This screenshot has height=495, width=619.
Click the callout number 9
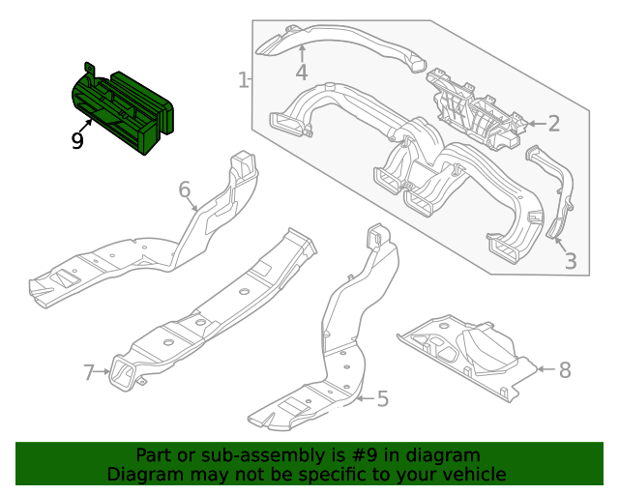click(x=77, y=141)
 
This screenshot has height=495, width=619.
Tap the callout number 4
click(x=302, y=73)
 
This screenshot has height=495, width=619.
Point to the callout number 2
click(x=553, y=123)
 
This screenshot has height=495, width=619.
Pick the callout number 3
click(x=570, y=260)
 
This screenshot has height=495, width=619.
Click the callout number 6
click(x=185, y=189)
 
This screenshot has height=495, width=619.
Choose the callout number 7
click(x=89, y=371)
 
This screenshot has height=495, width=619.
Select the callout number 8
click(x=565, y=369)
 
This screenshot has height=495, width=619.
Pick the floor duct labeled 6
click(x=145, y=251)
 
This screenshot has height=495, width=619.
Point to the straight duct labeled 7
click(x=213, y=309)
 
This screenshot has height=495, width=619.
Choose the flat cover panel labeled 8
click(x=464, y=353)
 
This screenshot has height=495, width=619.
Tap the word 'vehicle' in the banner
click(x=473, y=474)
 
